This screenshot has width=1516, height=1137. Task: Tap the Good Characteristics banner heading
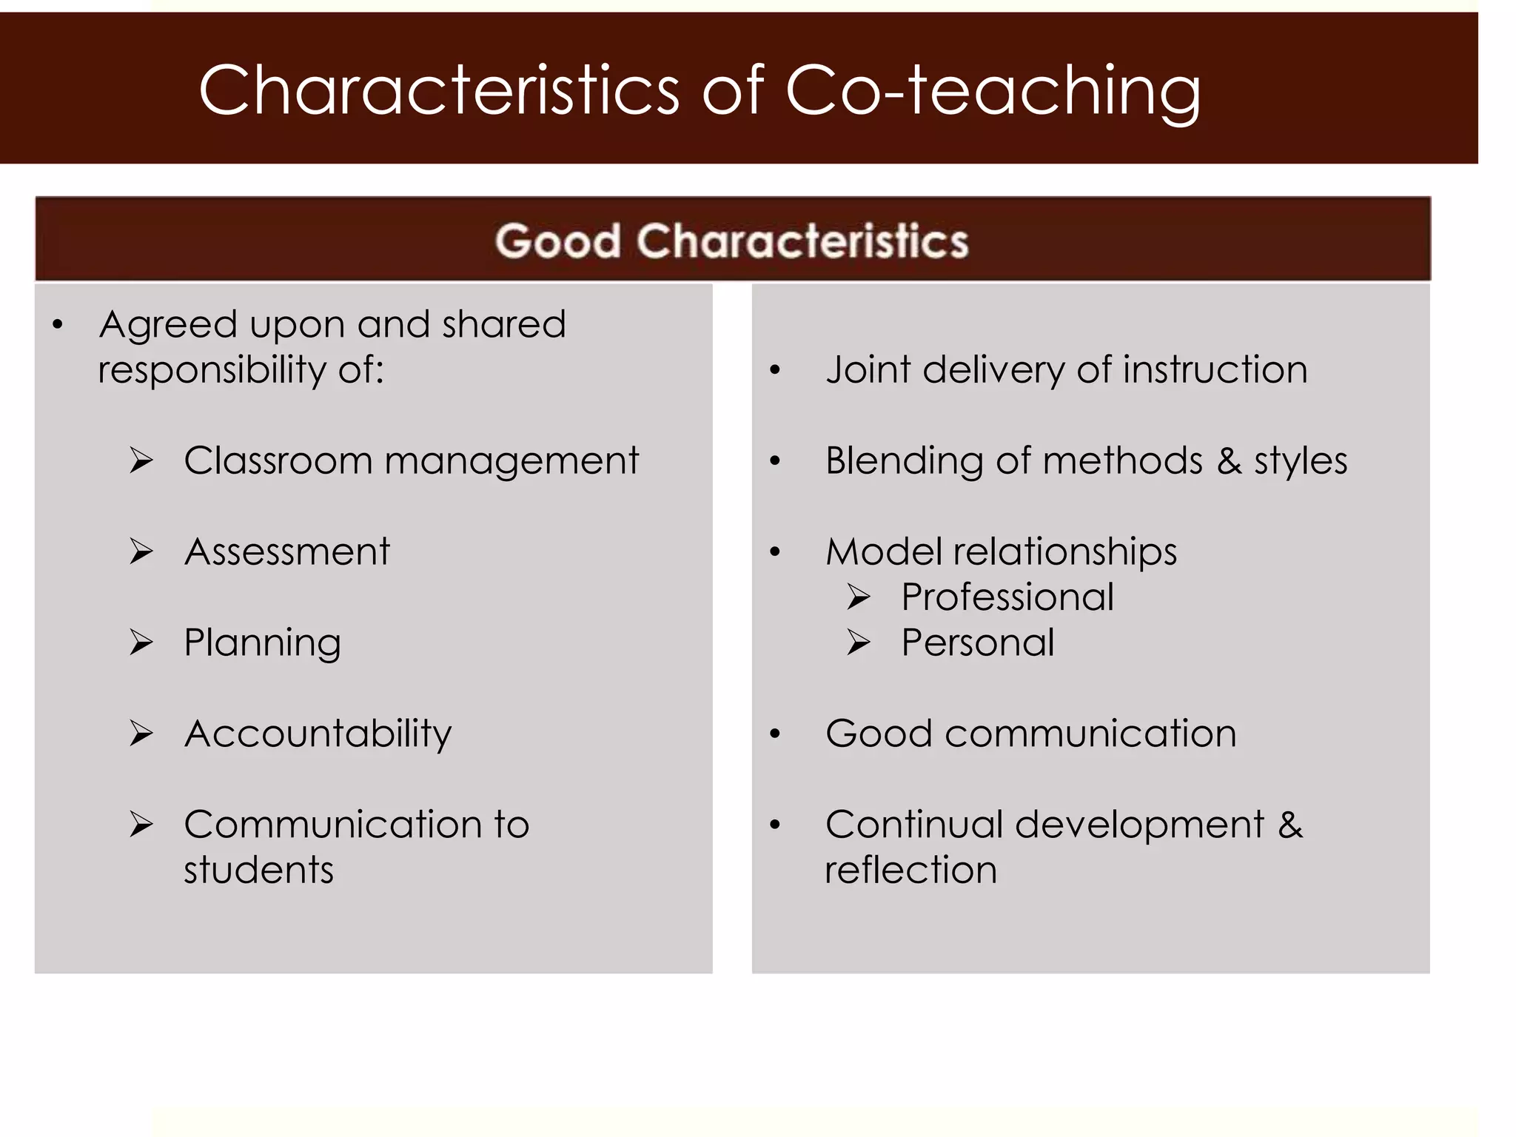click(x=731, y=241)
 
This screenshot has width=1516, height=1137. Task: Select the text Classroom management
click(x=411, y=460)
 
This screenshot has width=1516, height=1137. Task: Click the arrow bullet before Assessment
click(x=141, y=551)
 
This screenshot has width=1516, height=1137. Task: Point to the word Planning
click(x=262, y=643)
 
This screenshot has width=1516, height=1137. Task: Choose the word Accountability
click(x=318, y=734)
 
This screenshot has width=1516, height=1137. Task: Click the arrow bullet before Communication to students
click(x=141, y=824)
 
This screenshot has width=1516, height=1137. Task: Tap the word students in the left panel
click(x=258, y=870)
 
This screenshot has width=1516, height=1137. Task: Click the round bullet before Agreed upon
click(x=58, y=324)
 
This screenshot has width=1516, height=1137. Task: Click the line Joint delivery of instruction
click(x=1066, y=369)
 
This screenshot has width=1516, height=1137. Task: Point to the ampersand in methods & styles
click(x=1229, y=460)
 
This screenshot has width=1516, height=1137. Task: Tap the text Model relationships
click(x=1001, y=551)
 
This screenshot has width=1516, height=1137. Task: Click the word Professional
click(x=1007, y=597)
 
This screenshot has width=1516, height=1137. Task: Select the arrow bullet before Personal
click(x=859, y=643)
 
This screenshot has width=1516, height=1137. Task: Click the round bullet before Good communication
click(x=775, y=734)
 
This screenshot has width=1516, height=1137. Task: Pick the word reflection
click(x=910, y=870)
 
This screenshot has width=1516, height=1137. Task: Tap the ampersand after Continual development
click(x=1290, y=825)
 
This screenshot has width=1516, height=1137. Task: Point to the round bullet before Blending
click(x=775, y=461)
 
